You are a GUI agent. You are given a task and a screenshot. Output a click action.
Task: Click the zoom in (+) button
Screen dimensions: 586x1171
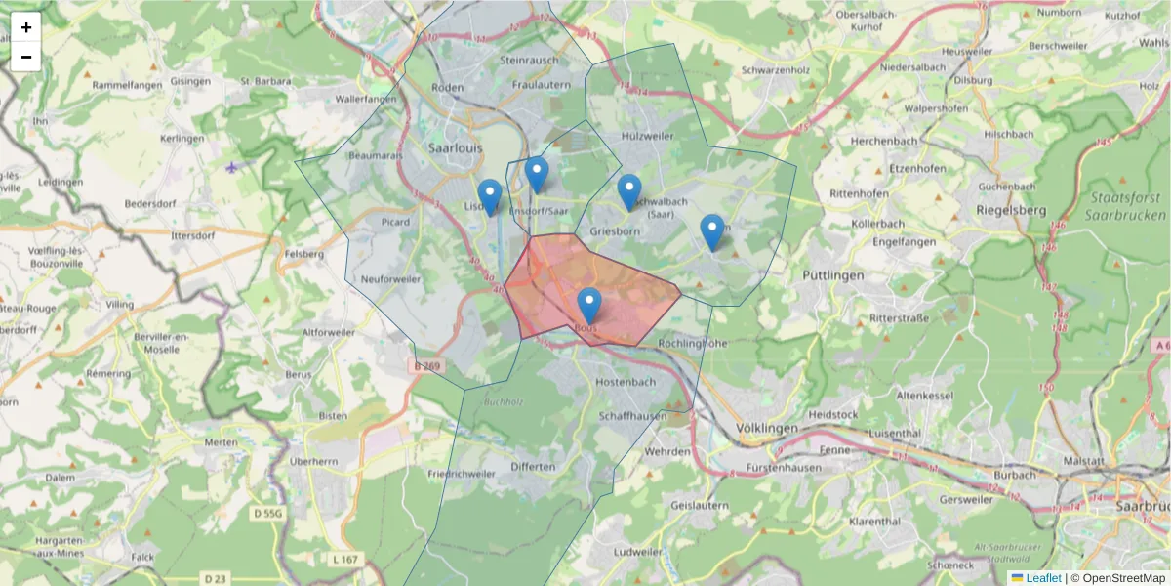click(26, 27)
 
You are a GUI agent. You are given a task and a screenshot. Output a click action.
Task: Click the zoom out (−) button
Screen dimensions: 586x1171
click(26, 57)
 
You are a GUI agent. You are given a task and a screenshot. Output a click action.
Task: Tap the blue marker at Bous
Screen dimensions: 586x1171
click(588, 306)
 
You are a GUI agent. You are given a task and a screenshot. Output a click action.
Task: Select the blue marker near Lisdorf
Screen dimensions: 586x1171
click(490, 196)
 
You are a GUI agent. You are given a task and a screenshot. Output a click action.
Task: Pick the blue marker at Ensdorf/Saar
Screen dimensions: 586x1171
click(537, 174)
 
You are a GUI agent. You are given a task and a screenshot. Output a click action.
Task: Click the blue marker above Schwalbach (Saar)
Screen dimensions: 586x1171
click(629, 191)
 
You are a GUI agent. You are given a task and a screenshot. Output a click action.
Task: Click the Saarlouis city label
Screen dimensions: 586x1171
click(456, 147)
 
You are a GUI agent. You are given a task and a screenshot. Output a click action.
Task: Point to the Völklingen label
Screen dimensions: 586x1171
click(767, 429)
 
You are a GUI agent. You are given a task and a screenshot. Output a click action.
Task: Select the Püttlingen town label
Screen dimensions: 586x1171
click(833, 276)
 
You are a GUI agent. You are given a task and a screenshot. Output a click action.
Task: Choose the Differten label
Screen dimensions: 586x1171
click(533, 467)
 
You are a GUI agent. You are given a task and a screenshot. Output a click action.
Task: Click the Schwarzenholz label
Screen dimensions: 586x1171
click(776, 70)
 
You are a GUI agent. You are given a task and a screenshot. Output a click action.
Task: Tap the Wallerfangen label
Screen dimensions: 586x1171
click(365, 100)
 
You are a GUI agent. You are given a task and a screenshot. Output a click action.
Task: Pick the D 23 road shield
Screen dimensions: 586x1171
click(215, 579)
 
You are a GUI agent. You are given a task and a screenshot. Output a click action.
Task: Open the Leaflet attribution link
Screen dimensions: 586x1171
click(1043, 578)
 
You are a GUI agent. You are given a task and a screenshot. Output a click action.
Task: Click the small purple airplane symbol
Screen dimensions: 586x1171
click(231, 167)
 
